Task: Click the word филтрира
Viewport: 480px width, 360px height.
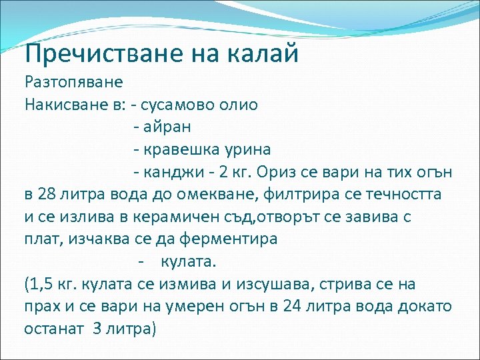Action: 299,194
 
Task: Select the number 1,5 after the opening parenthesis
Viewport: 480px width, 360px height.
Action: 40,285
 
